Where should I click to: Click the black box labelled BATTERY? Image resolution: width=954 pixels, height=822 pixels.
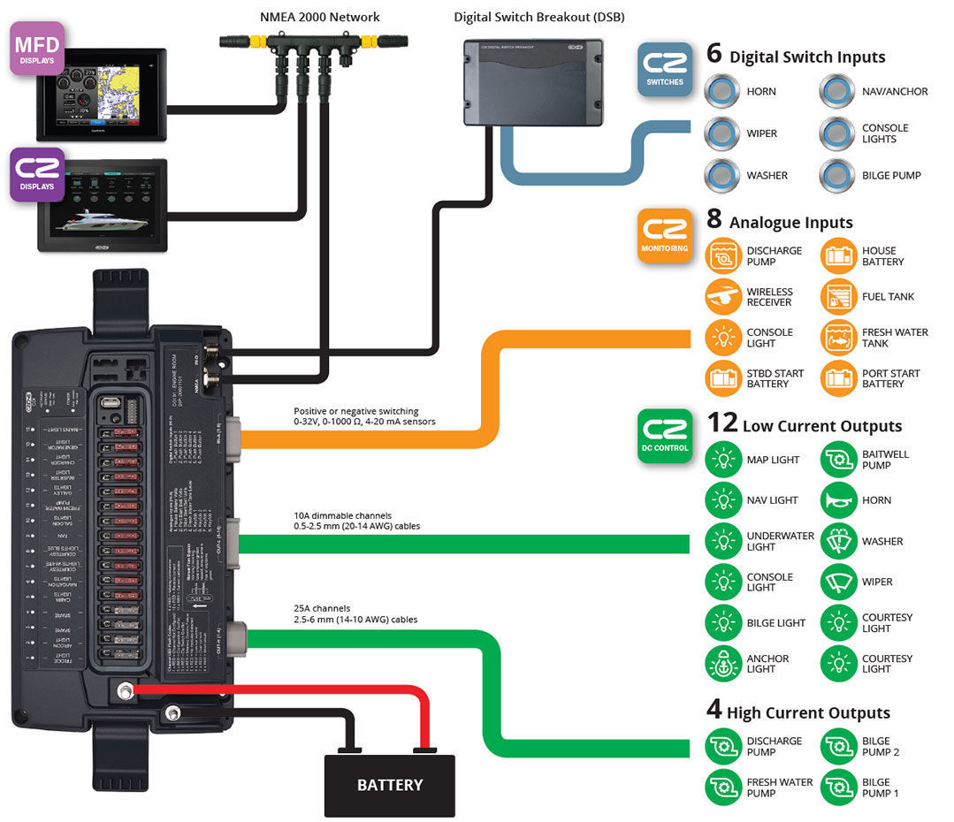tap(389, 784)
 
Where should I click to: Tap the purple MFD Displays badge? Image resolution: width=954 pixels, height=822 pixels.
tap(36, 48)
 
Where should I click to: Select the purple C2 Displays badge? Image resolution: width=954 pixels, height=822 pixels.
tap(36, 172)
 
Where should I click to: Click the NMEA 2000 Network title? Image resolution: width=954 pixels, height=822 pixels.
tap(319, 17)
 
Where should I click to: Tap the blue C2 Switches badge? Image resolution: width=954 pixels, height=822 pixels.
tap(665, 69)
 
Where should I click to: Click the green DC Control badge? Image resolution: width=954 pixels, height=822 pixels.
tap(665, 436)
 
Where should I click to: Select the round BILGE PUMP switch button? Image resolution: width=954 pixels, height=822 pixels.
tap(837, 175)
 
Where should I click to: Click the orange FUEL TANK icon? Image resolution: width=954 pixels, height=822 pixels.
tap(839, 297)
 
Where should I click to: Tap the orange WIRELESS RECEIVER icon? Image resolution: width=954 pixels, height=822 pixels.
tap(723, 297)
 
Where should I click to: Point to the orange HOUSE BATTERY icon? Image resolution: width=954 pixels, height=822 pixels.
tap(839, 256)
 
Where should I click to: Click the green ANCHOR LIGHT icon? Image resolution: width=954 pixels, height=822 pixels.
tap(723, 664)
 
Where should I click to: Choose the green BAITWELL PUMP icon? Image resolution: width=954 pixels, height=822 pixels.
tap(839, 460)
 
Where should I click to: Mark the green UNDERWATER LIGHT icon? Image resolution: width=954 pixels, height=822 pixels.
tap(723, 541)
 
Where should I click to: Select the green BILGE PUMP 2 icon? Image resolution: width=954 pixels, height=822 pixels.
tap(839, 747)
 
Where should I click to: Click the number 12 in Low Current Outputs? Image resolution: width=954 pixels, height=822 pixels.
tap(722, 422)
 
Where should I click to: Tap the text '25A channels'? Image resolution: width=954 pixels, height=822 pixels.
tap(322, 608)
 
